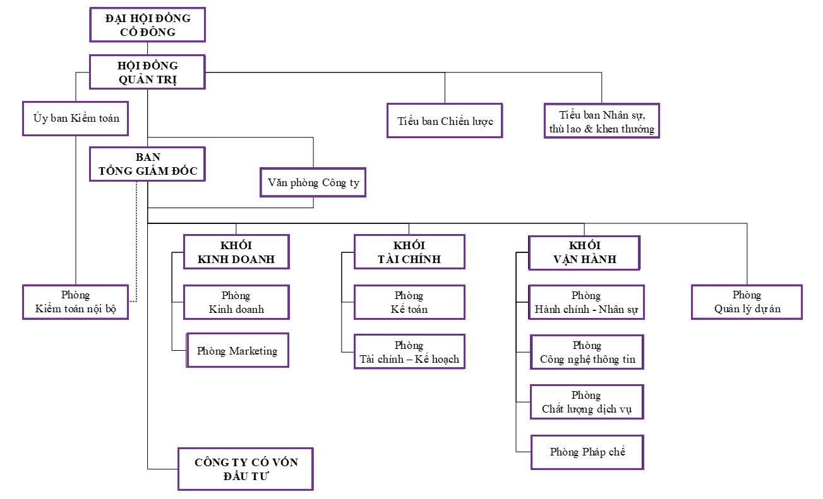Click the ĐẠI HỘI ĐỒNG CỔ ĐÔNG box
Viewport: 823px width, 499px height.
147,25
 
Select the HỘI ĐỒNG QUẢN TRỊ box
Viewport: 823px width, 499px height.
147,72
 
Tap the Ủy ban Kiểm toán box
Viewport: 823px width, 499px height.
76,118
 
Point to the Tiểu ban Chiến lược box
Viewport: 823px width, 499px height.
445,120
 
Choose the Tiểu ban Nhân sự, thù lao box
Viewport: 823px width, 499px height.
601,121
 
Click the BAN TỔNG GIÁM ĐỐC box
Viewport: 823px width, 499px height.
147,164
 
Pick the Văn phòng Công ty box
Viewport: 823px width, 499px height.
313,182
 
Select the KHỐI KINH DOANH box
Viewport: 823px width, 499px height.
236,252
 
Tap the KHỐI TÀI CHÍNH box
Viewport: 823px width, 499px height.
409,252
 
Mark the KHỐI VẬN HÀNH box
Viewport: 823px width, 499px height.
584,252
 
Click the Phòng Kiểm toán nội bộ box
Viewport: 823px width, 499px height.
76,302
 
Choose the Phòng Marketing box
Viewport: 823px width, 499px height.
237,350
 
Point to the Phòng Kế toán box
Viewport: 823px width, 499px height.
409,302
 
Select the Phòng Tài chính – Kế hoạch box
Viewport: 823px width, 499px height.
409,352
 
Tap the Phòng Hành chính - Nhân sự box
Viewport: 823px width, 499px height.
586,302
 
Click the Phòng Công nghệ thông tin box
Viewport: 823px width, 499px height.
587,352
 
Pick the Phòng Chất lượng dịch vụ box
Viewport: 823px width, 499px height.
587,402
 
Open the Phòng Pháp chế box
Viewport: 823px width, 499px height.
587,452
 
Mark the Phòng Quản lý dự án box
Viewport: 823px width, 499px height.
747,302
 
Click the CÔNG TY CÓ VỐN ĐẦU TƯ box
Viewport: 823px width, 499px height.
246,469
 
